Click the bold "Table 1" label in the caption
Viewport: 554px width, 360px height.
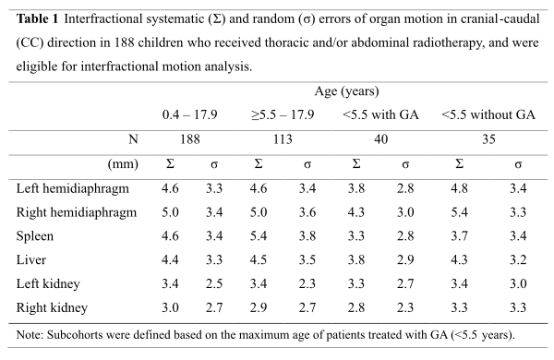click(37, 18)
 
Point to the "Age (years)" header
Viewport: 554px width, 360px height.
click(346, 91)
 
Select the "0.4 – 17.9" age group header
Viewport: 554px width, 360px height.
click(189, 114)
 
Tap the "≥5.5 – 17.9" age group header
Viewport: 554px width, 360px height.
click(283, 114)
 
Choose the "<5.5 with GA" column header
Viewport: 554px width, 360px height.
click(380, 114)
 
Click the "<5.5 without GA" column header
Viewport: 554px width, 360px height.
click(488, 114)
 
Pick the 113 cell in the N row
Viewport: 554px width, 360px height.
click(283, 139)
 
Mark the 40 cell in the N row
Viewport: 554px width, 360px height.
click(380, 139)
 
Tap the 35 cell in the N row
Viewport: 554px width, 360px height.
click(488, 139)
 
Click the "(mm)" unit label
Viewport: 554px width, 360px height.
click(123, 164)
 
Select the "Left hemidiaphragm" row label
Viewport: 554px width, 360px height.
click(72, 188)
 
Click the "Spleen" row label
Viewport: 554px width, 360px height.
click(35, 236)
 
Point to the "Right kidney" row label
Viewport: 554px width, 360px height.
click(52, 307)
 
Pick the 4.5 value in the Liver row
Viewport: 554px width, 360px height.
click(259, 260)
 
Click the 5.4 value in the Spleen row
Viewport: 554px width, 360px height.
click(259, 236)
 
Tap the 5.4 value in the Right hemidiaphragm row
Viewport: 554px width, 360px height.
click(459, 212)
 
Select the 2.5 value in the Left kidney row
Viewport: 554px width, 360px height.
click(214, 283)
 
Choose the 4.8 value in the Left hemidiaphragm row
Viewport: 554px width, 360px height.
click(459, 188)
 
